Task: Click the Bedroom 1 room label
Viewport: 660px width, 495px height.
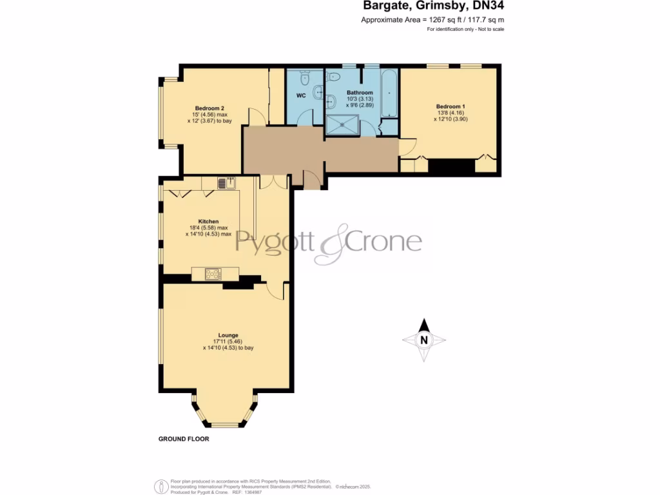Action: [450, 106]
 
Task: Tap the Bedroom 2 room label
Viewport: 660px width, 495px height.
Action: [209, 108]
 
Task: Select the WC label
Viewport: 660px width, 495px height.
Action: [300, 95]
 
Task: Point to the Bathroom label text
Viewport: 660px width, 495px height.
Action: [360, 93]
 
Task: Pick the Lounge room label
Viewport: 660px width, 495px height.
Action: [228, 335]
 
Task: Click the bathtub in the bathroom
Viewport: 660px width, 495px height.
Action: [390, 94]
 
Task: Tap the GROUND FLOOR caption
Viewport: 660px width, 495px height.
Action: [184, 439]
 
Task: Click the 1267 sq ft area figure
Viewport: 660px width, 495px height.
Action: [444, 21]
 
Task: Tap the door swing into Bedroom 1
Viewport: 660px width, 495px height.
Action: [406, 146]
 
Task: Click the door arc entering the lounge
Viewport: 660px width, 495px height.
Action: [275, 291]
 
